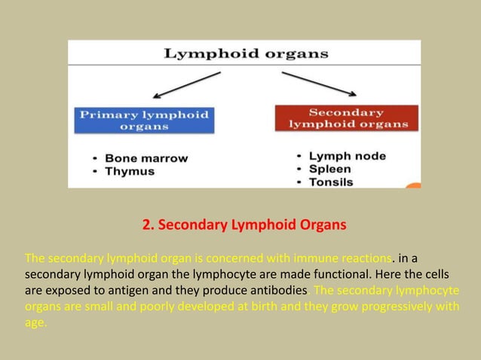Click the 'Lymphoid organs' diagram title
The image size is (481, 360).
click(x=246, y=53)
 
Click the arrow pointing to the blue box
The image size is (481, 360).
click(x=186, y=85)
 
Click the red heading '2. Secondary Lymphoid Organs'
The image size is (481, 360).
click(x=244, y=224)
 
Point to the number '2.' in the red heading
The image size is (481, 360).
click(x=148, y=224)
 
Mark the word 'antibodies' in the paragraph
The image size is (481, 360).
click(x=278, y=291)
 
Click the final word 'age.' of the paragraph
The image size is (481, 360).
click(x=35, y=324)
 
